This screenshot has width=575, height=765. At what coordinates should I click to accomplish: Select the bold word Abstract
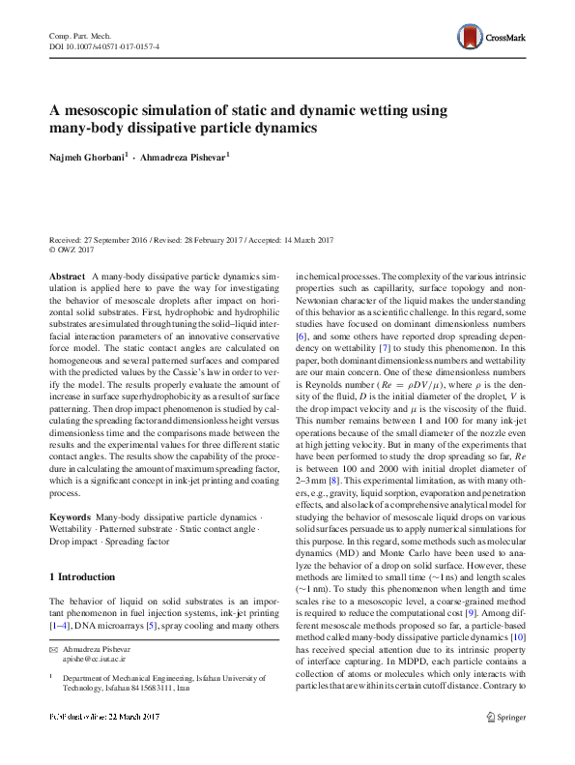tap(67, 277)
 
